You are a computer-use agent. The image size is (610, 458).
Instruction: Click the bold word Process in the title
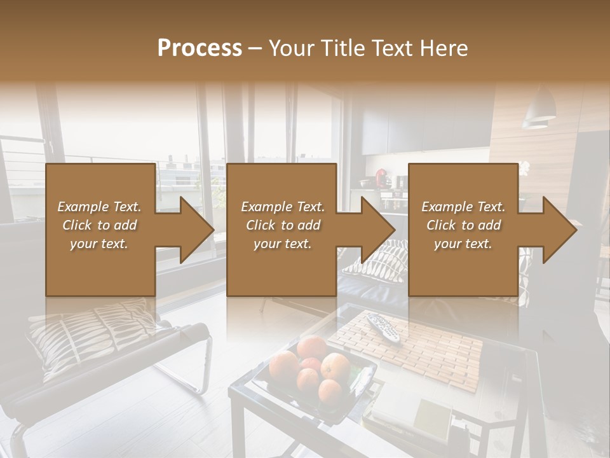pyautogui.click(x=200, y=48)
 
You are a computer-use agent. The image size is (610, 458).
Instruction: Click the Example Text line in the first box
pyautogui.click(x=99, y=207)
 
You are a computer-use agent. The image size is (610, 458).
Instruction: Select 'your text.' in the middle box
pyautogui.click(x=282, y=244)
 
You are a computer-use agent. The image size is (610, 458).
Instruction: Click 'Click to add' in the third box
pyautogui.click(x=463, y=225)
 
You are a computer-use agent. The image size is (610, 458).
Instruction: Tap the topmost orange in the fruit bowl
pyautogui.click(x=311, y=347)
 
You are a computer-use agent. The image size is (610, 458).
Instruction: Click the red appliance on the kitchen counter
pyautogui.click(x=382, y=176)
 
